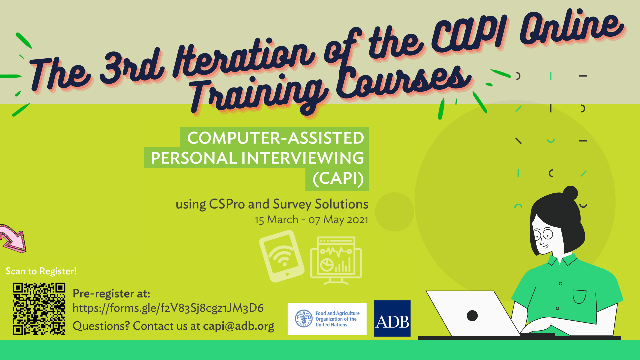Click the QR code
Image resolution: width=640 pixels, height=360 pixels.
click(39, 309)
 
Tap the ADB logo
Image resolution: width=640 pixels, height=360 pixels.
click(392, 318)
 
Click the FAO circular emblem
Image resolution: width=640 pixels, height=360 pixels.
click(304, 319)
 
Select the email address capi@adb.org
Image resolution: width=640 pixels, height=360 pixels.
click(239, 326)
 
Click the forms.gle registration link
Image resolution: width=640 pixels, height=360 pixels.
click(168, 308)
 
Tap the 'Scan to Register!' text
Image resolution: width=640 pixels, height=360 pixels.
click(41, 271)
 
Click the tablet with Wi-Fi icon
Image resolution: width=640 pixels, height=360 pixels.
click(282, 256)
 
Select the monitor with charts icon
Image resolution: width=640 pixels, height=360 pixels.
click(336, 260)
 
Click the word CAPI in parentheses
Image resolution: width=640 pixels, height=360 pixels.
click(338, 179)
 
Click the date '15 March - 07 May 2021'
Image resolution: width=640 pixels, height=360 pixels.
click(312, 220)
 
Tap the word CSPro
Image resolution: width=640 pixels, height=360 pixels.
click(227, 204)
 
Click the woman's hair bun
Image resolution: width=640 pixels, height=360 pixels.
click(570, 193)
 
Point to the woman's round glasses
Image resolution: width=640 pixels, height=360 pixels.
click(543, 234)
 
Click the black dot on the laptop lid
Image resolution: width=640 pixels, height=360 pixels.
click(472, 315)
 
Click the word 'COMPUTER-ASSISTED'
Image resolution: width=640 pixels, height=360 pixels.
click(276, 138)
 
